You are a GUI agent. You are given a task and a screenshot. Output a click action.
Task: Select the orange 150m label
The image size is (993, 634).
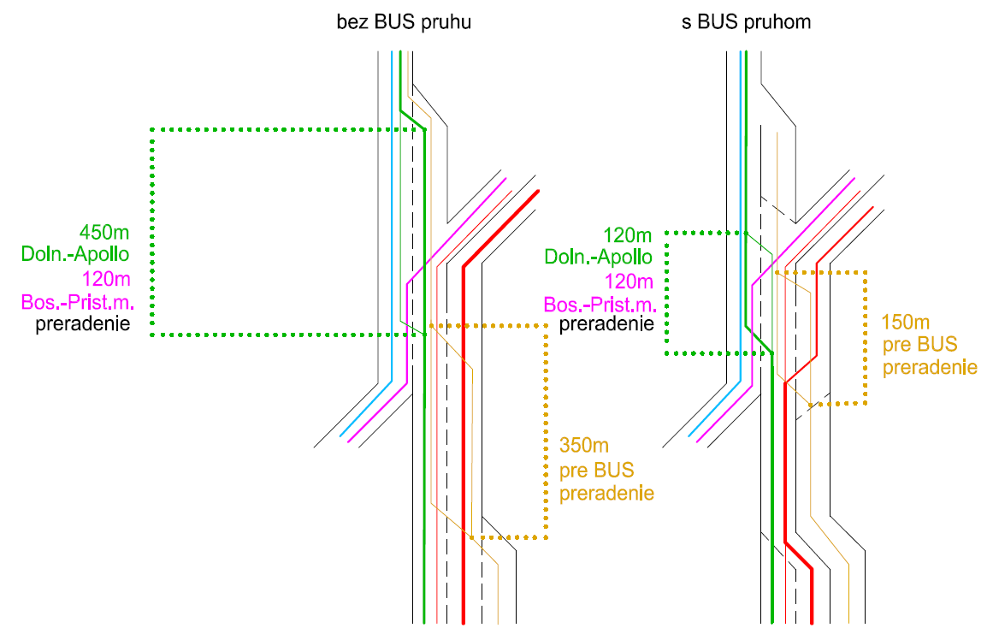(906, 324)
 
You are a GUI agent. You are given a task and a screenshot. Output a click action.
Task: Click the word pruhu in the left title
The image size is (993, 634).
(447, 23)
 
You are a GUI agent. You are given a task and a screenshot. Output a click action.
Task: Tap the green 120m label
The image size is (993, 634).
(628, 235)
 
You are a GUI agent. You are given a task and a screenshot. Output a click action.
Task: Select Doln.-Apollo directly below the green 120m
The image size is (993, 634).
(599, 257)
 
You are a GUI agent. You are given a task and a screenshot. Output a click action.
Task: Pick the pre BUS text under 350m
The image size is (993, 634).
(596, 470)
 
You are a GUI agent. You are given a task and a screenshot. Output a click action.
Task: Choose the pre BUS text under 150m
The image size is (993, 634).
(919, 346)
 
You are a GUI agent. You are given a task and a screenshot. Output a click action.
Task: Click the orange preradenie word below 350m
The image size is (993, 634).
(606, 494)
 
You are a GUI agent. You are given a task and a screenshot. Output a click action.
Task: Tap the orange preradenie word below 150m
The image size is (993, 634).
(930, 368)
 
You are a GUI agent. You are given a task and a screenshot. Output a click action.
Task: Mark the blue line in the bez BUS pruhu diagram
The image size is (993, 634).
(392, 214)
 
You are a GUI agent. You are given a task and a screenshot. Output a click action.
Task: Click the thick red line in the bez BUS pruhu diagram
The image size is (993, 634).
(463, 428)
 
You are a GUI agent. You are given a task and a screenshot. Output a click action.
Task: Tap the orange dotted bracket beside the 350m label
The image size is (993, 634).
(546, 428)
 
